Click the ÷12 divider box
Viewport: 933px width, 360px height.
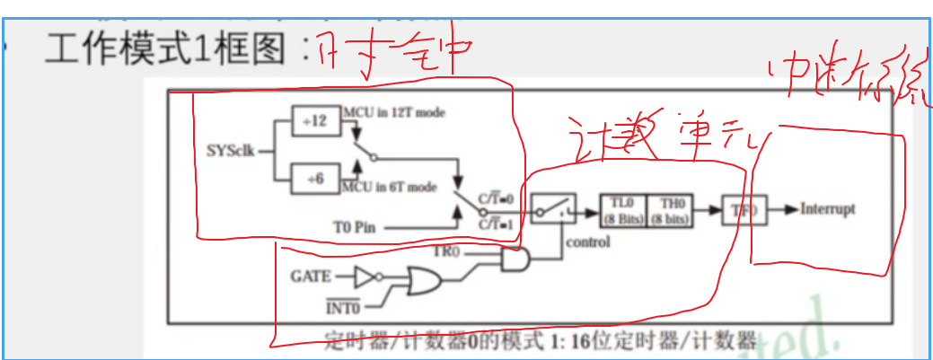click(315, 120)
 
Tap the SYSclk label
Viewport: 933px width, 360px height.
click(230, 150)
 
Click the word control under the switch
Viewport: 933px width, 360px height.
click(588, 241)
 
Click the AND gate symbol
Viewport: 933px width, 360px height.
click(515, 261)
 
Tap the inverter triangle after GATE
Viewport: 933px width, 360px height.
click(365, 275)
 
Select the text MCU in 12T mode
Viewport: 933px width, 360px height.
click(392, 112)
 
